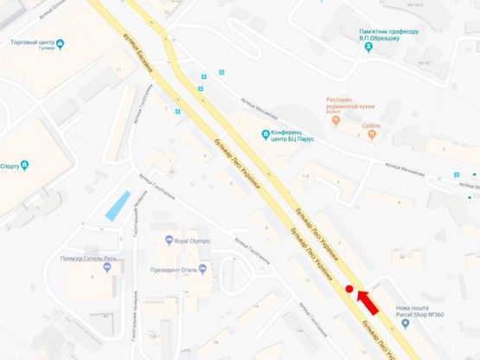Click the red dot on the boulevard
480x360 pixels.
(349, 290)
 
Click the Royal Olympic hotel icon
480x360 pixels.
(169, 241)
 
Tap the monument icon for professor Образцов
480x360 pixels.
(369, 48)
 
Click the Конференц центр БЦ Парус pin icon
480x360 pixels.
(266, 132)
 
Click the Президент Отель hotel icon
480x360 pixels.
(202, 267)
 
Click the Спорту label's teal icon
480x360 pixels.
(26, 164)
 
